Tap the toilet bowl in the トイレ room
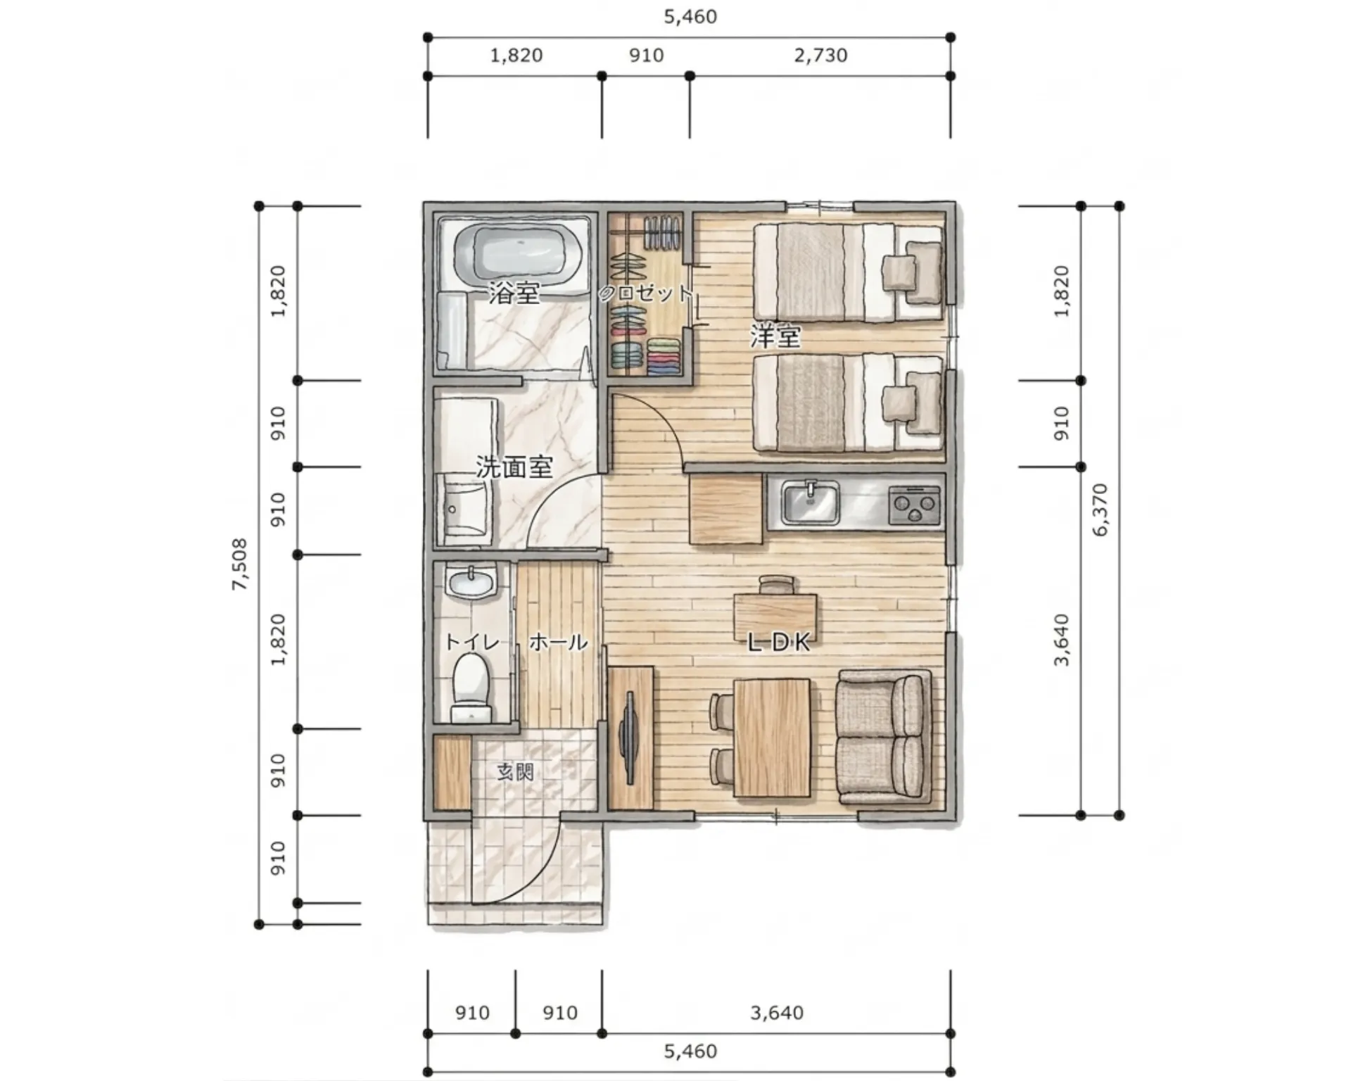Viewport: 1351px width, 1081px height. (471, 687)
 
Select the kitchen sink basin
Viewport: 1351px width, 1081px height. (811, 503)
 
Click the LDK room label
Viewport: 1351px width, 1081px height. (779, 642)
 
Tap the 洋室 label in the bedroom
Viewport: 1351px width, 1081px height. (775, 336)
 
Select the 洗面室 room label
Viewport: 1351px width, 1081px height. (514, 467)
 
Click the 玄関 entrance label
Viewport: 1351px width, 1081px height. (516, 772)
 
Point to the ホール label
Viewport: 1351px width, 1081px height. (558, 642)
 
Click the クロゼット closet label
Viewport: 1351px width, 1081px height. (645, 293)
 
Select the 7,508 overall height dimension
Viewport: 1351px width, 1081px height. (240, 564)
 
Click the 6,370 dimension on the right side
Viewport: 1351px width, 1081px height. (1101, 510)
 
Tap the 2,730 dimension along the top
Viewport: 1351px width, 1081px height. (820, 55)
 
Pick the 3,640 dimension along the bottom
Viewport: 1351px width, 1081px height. (777, 1013)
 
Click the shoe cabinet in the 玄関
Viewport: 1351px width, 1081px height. (452, 772)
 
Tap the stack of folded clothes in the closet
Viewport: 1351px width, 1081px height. (664, 356)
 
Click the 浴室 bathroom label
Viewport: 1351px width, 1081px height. (515, 293)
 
